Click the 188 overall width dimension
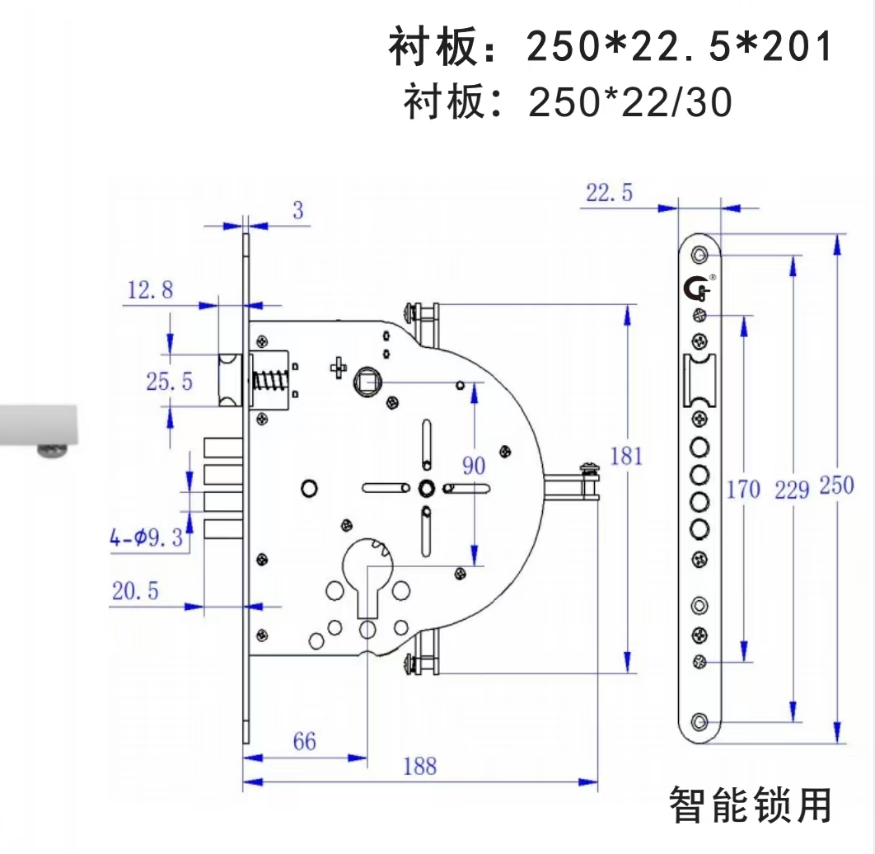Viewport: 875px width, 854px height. click(419, 766)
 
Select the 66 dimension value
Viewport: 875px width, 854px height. click(304, 741)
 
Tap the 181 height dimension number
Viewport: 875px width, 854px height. click(626, 456)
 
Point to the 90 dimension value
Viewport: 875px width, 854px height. click(473, 466)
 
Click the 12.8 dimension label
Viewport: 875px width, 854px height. click(150, 289)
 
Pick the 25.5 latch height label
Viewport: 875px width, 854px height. click(169, 381)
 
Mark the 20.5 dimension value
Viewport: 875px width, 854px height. click(136, 590)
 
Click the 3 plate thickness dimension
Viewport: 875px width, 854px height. click(297, 210)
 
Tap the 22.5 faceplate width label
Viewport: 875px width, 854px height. click(610, 193)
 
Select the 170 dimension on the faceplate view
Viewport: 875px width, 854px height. click(742, 490)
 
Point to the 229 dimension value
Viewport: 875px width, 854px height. click(792, 490)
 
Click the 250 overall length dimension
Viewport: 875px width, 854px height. click(836, 486)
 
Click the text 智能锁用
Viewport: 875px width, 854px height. click(750, 805)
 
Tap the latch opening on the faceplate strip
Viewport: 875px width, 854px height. click(699, 381)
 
